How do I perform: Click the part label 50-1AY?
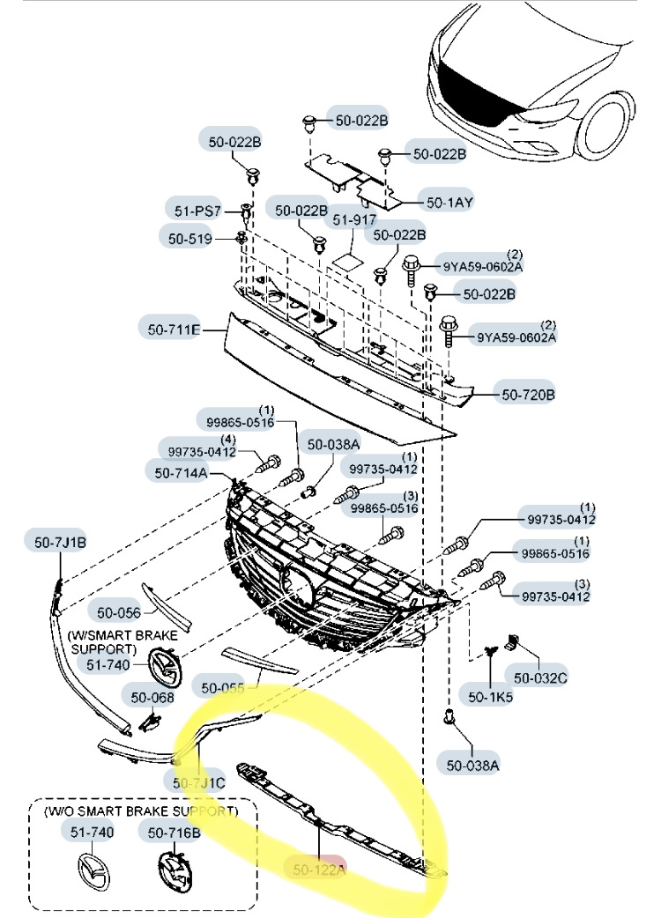click(x=449, y=202)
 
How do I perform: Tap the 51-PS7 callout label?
click(x=195, y=211)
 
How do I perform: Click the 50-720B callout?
click(x=528, y=395)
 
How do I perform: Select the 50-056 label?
click(x=118, y=612)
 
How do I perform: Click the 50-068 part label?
click(x=152, y=698)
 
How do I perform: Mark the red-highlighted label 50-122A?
click(x=319, y=870)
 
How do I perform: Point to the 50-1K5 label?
click(x=490, y=696)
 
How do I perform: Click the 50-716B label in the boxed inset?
click(x=174, y=832)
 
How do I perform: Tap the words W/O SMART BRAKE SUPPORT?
click(x=141, y=811)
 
